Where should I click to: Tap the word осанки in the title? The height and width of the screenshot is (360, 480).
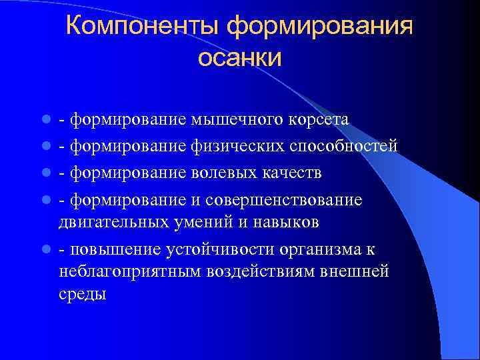click(x=240, y=58)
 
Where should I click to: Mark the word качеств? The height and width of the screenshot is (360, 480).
click(x=289, y=173)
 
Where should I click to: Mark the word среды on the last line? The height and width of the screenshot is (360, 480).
click(x=82, y=294)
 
